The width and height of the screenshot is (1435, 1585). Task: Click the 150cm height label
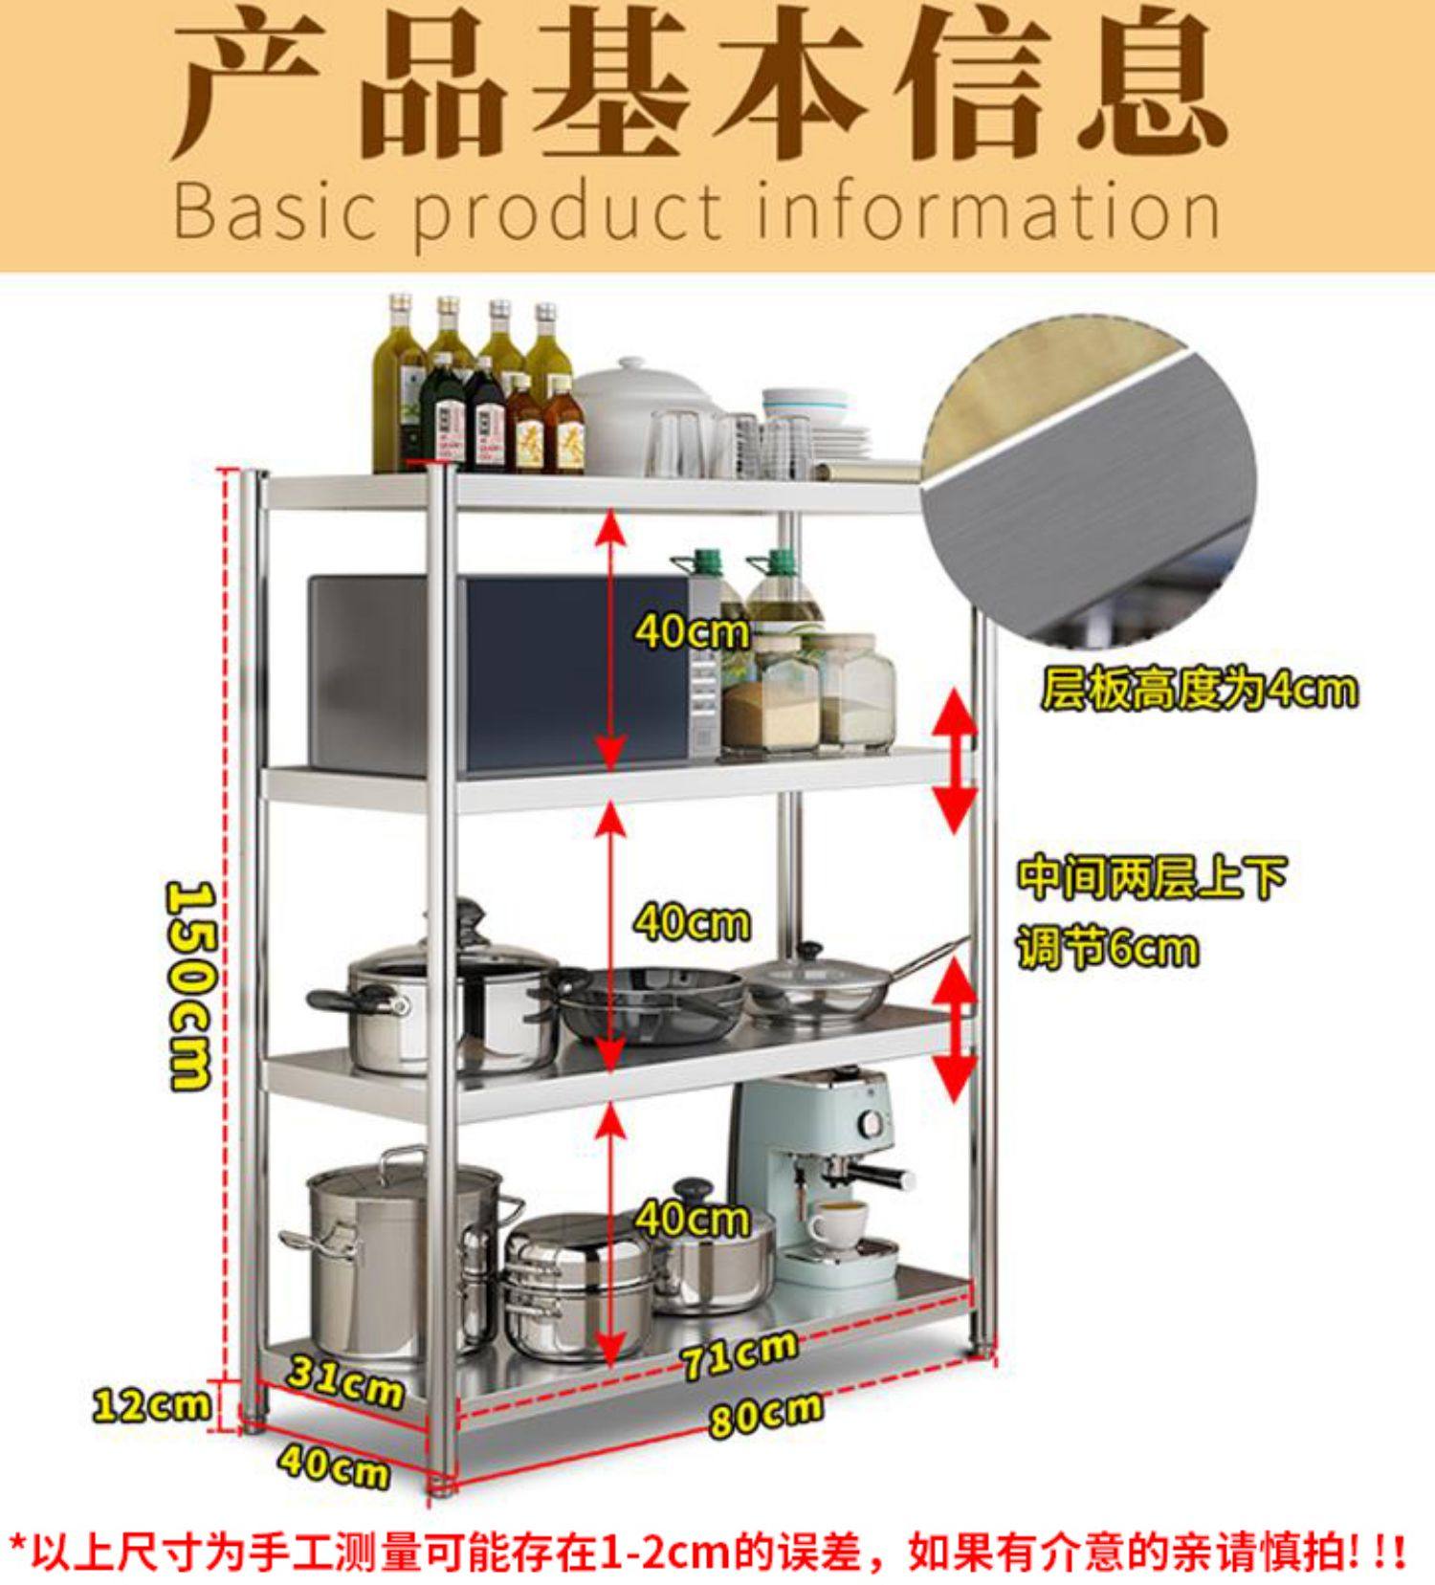189,985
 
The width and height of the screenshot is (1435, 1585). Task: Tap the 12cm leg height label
151,1404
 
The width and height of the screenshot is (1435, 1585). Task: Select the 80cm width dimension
764,1414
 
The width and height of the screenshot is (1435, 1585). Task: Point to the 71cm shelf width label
739,1354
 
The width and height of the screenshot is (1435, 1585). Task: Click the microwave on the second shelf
497,670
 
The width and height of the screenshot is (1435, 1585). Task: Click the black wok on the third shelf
651,1000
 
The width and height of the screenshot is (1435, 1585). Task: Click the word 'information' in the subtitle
990,212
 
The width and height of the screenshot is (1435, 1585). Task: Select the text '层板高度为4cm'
1199,689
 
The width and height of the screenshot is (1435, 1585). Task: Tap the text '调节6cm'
1107,949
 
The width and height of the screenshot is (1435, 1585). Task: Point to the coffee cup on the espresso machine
838,1224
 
